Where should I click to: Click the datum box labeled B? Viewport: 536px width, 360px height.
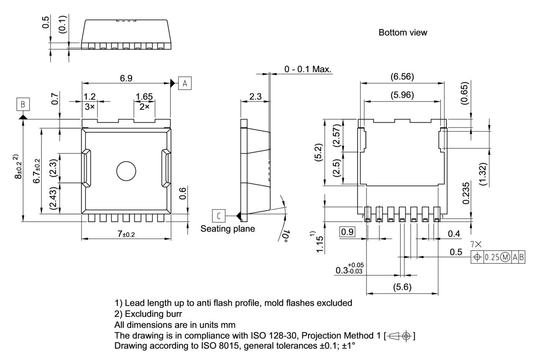[23, 103]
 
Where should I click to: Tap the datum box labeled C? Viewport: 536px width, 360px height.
[219, 216]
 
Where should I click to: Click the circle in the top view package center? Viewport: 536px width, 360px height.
[126, 171]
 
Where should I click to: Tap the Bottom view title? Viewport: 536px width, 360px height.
[403, 33]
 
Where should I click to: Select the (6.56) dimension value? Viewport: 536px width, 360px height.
[402, 77]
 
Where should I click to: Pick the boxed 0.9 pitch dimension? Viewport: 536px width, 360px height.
[347, 232]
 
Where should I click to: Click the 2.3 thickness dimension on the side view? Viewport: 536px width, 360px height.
[255, 96]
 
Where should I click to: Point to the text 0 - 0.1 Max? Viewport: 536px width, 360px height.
[308, 69]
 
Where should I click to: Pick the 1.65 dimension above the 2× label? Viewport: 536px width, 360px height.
[144, 97]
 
